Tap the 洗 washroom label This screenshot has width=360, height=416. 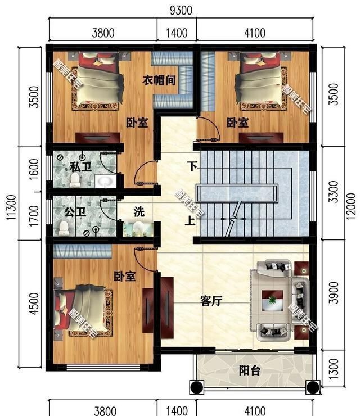point(139,212)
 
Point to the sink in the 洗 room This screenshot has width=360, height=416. point(137,228)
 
